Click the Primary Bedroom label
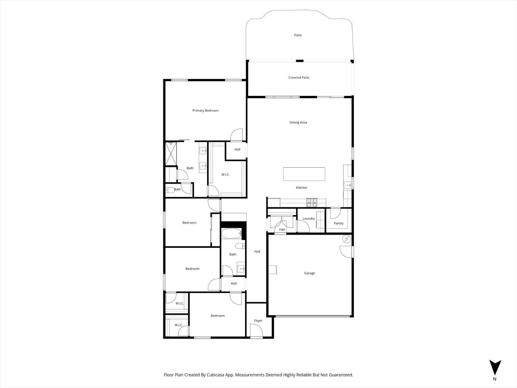click(205, 111)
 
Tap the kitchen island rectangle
click(304, 174)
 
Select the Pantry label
click(338, 223)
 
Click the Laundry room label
click(308, 219)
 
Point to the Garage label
click(309, 273)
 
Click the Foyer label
click(258, 321)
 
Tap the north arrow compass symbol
click(495, 368)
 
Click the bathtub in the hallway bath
click(232, 234)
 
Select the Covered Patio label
click(298, 78)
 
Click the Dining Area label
click(298, 122)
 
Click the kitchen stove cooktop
click(312, 202)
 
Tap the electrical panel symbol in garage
click(346, 239)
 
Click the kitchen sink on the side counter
click(347, 185)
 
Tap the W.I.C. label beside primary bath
click(225, 175)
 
